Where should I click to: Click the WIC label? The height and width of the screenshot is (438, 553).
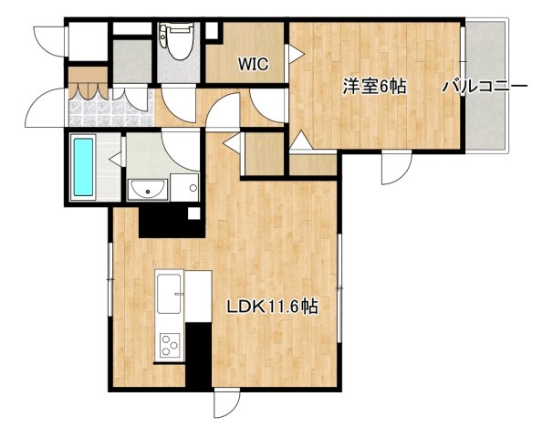click(253, 64)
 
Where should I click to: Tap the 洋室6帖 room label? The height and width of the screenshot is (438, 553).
click(374, 87)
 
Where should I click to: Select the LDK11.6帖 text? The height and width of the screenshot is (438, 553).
click(272, 308)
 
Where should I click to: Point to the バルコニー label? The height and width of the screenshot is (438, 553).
click(485, 87)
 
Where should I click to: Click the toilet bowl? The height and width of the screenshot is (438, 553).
click(174, 41)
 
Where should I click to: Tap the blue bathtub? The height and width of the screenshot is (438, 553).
click(83, 167)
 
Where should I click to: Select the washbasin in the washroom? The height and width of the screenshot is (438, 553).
click(146, 189)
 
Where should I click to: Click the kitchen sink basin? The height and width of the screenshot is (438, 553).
click(170, 294)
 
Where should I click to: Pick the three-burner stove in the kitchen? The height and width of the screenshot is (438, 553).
click(170, 344)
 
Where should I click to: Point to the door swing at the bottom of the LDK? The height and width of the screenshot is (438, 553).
click(226, 403)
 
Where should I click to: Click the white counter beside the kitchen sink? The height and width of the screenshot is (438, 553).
click(199, 297)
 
